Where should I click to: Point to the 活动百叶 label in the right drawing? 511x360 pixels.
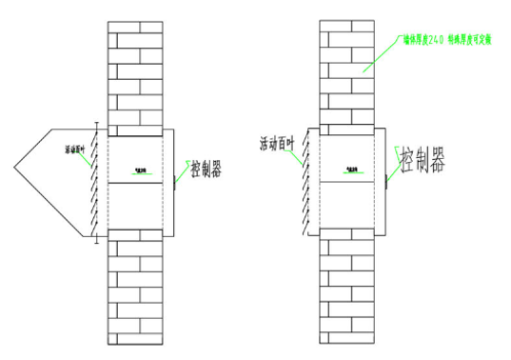click(276, 144)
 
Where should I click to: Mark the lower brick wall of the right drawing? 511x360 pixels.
click(351, 286)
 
